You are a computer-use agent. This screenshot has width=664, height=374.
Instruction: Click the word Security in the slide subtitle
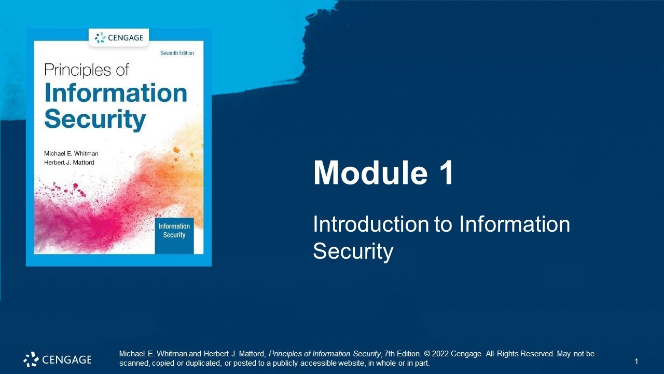pyautogui.click(x=353, y=251)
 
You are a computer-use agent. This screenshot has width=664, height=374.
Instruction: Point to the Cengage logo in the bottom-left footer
pyautogui.click(x=58, y=359)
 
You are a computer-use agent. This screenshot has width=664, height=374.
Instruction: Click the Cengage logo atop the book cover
pyautogui.click(x=119, y=37)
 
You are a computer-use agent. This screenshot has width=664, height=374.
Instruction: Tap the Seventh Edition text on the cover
pyautogui.click(x=177, y=54)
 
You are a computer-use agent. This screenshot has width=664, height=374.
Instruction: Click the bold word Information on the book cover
pyautogui.click(x=116, y=93)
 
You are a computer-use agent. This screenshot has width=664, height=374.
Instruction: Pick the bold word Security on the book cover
pyautogui.click(x=95, y=119)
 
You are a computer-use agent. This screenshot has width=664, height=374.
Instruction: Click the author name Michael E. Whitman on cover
pyautogui.click(x=71, y=154)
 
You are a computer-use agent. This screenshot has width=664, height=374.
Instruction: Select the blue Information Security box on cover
pyautogui.click(x=174, y=231)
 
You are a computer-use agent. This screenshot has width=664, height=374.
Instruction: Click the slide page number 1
pyautogui.click(x=636, y=361)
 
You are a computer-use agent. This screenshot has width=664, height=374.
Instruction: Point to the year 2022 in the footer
pyautogui.click(x=440, y=354)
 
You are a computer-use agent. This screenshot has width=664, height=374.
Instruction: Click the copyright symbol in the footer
pyautogui.click(x=427, y=354)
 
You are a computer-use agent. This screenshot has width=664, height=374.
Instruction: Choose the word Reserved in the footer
pyautogui.click(x=536, y=354)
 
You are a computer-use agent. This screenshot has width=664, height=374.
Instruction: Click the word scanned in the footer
pyautogui.click(x=134, y=363)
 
